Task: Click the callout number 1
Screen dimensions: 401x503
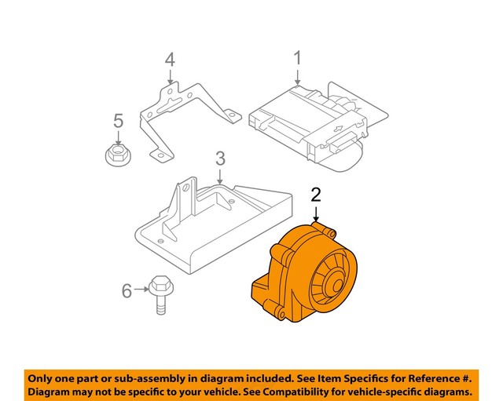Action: (298, 58)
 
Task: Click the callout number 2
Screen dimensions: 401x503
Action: (316, 195)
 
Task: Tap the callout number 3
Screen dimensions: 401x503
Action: (220, 159)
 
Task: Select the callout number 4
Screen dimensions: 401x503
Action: (170, 60)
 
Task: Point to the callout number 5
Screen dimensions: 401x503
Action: (118, 121)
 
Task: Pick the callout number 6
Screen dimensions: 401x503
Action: (126, 292)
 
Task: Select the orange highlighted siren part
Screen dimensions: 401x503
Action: (307, 275)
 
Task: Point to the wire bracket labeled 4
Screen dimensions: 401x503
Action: (185, 118)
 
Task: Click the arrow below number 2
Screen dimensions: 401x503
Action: (316, 215)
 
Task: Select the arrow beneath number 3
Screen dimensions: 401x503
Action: (220, 177)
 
